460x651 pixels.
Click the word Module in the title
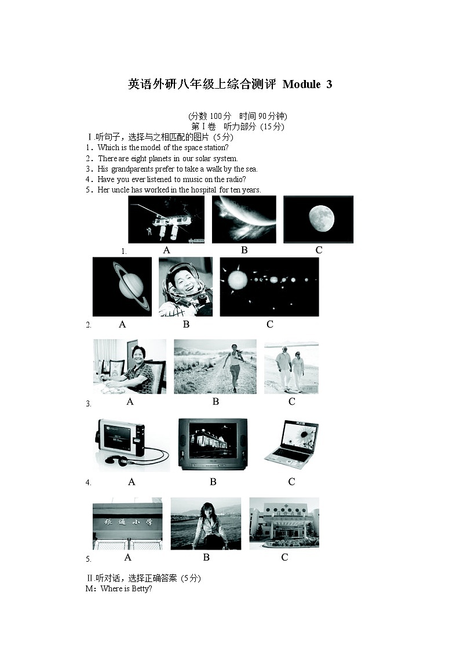(x=302, y=84)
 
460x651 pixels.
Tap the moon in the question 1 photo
(x=322, y=218)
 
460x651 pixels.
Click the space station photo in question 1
(x=166, y=219)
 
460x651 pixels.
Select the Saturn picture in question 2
(x=122, y=286)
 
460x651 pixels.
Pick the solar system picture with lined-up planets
(x=269, y=286)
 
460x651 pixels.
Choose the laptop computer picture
(x=291, y=445)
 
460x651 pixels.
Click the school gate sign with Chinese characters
(x=128, y=523)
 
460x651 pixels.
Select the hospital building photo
(x=284, y=523)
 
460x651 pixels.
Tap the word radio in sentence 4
(x=235, y=179)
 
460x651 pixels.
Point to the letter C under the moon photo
(x=319, y=250)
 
